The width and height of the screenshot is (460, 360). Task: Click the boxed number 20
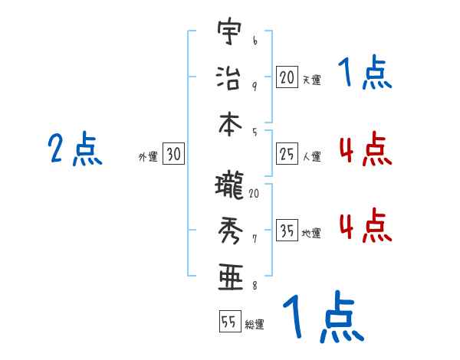[x=287, y=77]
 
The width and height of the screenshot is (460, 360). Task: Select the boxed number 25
[x=287, y=154]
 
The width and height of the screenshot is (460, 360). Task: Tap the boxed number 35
[x=287, y=231]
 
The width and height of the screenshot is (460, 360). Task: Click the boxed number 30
[x=173, y=154]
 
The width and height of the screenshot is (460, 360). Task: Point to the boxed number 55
[x=228, y=322]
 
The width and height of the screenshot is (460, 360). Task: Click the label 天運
[x=311, y=80]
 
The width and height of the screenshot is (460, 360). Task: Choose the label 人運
[x=311, y=157]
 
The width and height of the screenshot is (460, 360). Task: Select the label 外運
[x=148, y=157]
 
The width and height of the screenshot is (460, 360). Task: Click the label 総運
[x=255, y=325]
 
